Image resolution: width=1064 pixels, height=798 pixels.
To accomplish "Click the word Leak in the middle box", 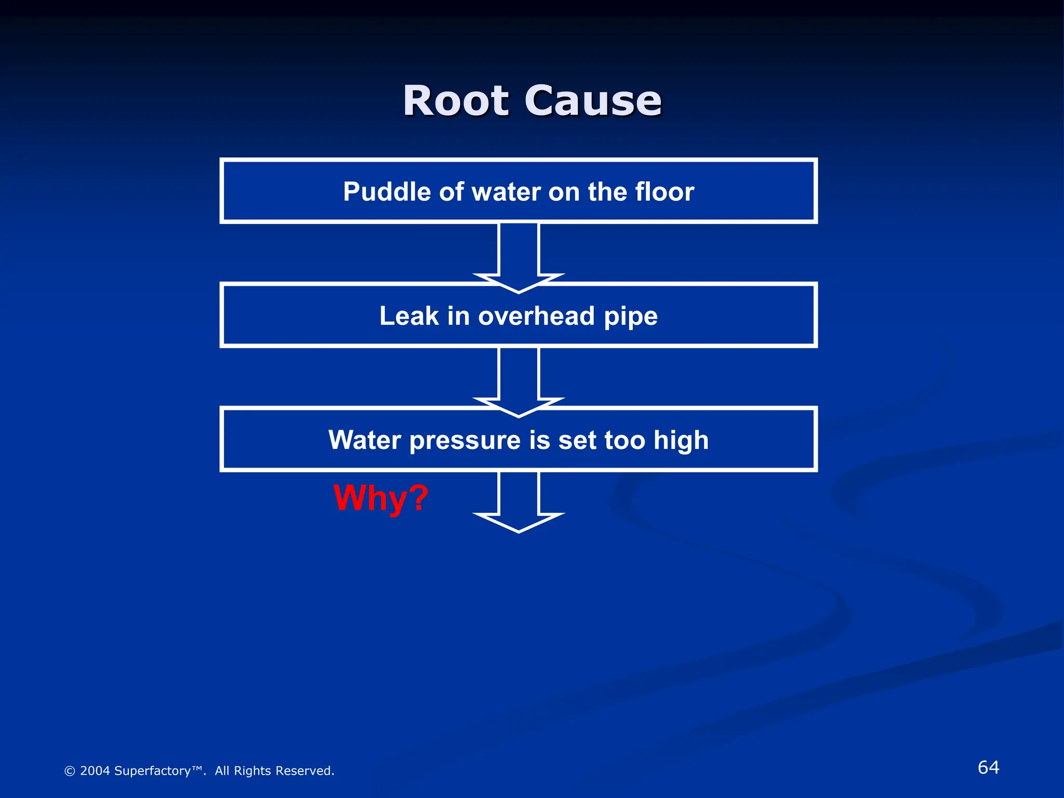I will (409, 316).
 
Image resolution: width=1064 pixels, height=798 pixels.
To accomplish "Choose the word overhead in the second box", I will (536, 316).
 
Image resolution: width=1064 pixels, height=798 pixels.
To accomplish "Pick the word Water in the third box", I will (364, 440).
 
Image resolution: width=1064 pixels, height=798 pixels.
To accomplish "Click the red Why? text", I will (381, 498).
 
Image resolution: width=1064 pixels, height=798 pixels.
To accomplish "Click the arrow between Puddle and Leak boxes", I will (518, 255).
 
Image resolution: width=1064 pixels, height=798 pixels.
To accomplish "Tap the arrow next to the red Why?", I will (518, 502).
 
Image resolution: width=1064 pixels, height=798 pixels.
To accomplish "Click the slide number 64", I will (988, 767).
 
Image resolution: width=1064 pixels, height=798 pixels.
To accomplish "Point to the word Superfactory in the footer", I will (152, 771).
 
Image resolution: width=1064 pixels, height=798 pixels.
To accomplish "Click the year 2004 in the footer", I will (95, 771).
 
